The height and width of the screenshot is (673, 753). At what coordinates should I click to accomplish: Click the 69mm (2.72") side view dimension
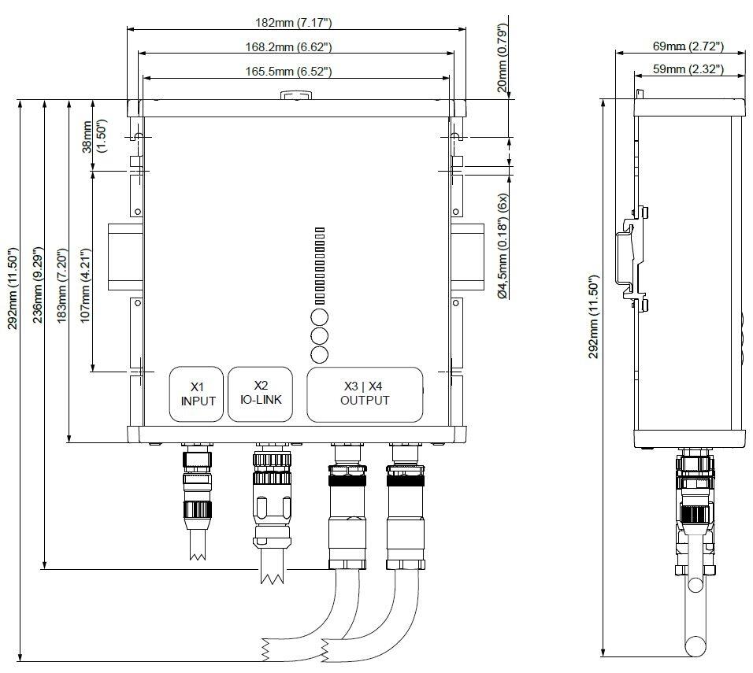686,46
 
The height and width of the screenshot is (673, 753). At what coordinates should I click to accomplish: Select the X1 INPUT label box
198,394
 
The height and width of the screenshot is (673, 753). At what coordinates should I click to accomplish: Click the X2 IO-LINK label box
261,394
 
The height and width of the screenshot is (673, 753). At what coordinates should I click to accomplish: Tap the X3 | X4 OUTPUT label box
365,394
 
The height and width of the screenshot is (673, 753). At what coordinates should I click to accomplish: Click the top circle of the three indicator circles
319,317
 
